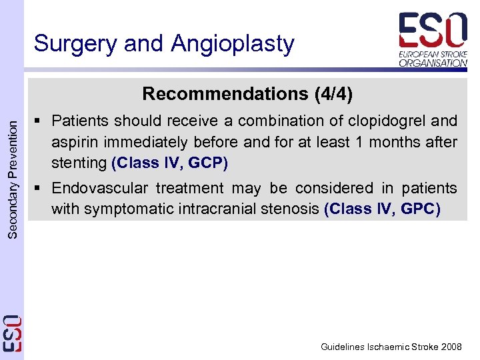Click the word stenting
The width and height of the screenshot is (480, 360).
click(x=79, y=163)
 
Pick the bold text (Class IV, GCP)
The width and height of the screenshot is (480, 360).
click(x=170, y=163)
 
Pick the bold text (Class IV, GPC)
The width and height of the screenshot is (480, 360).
click(x=382, y=209)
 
